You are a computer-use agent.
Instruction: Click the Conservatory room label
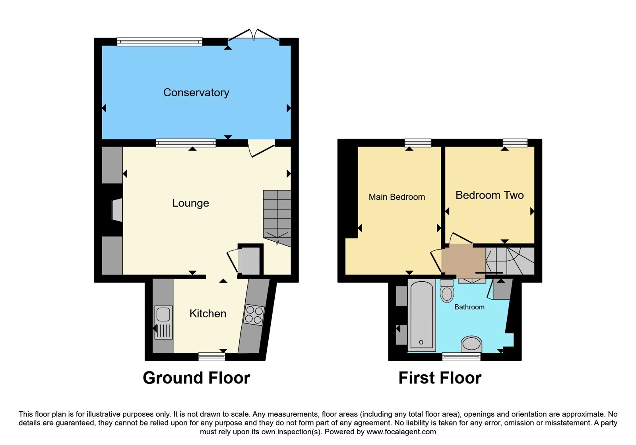196,93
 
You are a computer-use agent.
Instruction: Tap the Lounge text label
190,203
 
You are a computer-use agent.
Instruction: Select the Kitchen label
208,313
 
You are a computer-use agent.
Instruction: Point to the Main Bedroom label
397,197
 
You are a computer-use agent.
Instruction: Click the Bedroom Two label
489,195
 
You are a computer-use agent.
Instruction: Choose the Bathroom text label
469,307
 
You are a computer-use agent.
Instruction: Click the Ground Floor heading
196,378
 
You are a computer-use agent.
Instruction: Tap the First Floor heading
440,378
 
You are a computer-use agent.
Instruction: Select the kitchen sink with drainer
163,322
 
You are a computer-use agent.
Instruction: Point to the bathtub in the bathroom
422,315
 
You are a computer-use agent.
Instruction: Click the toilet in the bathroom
447,291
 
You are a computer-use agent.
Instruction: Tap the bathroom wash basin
471,344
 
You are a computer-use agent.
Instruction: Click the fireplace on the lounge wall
117,210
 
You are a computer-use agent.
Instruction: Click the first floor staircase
510,261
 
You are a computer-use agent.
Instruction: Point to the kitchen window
211,357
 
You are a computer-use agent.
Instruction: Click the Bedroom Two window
515,143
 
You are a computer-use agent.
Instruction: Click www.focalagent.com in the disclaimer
401,432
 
